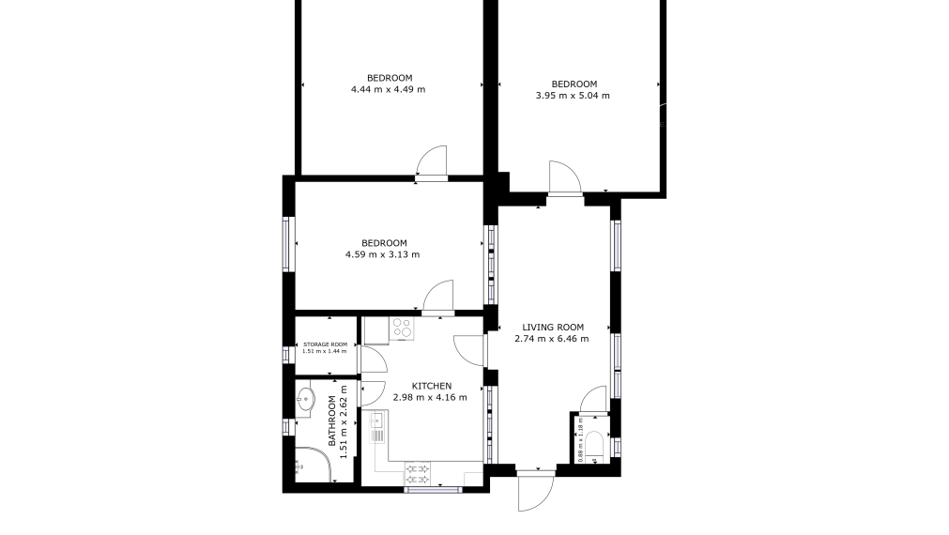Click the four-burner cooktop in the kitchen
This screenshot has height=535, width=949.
tap(401, 328)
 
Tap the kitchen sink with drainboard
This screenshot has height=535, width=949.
tap(377, 427)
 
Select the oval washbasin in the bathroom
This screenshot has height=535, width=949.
tap(306, 399)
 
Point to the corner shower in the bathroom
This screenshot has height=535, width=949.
tap(314, 465)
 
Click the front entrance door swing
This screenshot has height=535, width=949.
tap(536, 491)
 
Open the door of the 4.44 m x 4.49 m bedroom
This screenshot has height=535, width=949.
tap(432, 162)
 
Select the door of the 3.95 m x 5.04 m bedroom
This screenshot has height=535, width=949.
tap(565, 177)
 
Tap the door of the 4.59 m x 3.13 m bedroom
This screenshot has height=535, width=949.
tap(438, 298)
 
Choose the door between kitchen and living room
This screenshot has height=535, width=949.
tap(470, 350)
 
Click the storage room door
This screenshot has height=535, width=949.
tap(374, 359)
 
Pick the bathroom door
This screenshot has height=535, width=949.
tap(374, 393)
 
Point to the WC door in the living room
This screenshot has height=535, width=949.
tap(593, 400)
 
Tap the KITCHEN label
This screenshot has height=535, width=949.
tap(432, 386)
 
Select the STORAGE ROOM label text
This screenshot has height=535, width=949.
tap(326, 344)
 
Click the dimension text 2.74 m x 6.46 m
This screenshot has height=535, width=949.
tap(551, 339)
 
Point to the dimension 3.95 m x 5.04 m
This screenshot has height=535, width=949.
tap(573, 96)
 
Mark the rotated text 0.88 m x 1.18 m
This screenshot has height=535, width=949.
tap(580, 440)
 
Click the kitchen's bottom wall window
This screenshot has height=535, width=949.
tap(433, 489)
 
